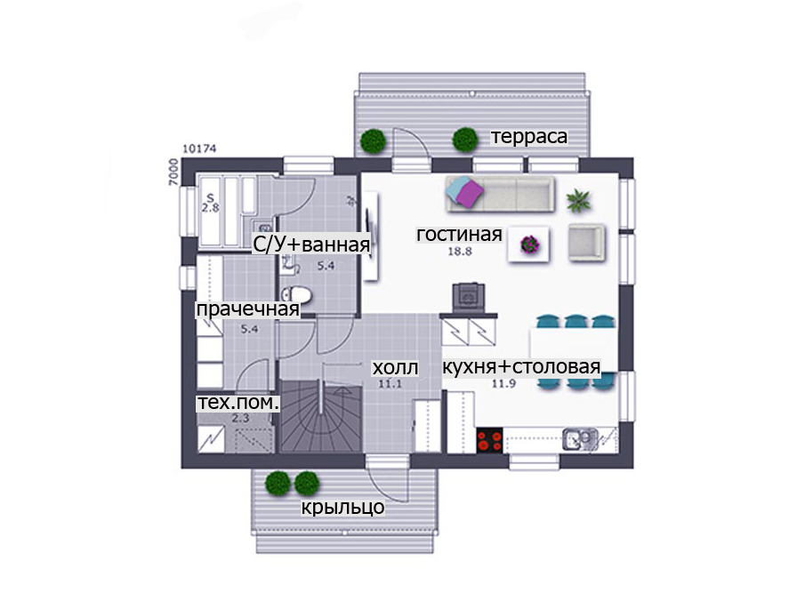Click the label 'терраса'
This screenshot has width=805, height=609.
[529, 137]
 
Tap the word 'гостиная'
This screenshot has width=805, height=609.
[459, 234]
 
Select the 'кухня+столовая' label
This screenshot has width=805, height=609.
[521, 367]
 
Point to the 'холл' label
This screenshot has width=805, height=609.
[395, 368]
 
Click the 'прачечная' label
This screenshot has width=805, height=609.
[247, 309]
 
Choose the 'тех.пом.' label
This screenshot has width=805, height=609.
[238, 403]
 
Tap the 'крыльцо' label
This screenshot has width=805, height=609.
[342, 507]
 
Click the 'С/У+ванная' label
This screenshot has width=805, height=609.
[311, 244]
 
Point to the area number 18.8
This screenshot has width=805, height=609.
[460, 252]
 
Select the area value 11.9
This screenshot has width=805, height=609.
[503, 384]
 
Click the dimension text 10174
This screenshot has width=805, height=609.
[199, 148]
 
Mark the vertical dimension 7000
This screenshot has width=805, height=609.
[173, 172]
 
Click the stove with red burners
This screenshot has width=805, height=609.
[489, 441]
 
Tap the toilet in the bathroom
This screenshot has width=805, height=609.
[296, 294]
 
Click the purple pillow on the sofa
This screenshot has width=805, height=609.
[471, 194]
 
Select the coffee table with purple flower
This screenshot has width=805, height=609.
[528, 244]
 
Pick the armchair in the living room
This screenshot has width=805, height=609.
[586, 242]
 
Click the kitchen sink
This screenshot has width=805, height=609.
[580, 440]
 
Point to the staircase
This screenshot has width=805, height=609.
[321, 416]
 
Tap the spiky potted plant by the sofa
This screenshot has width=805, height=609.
[578, 200]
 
